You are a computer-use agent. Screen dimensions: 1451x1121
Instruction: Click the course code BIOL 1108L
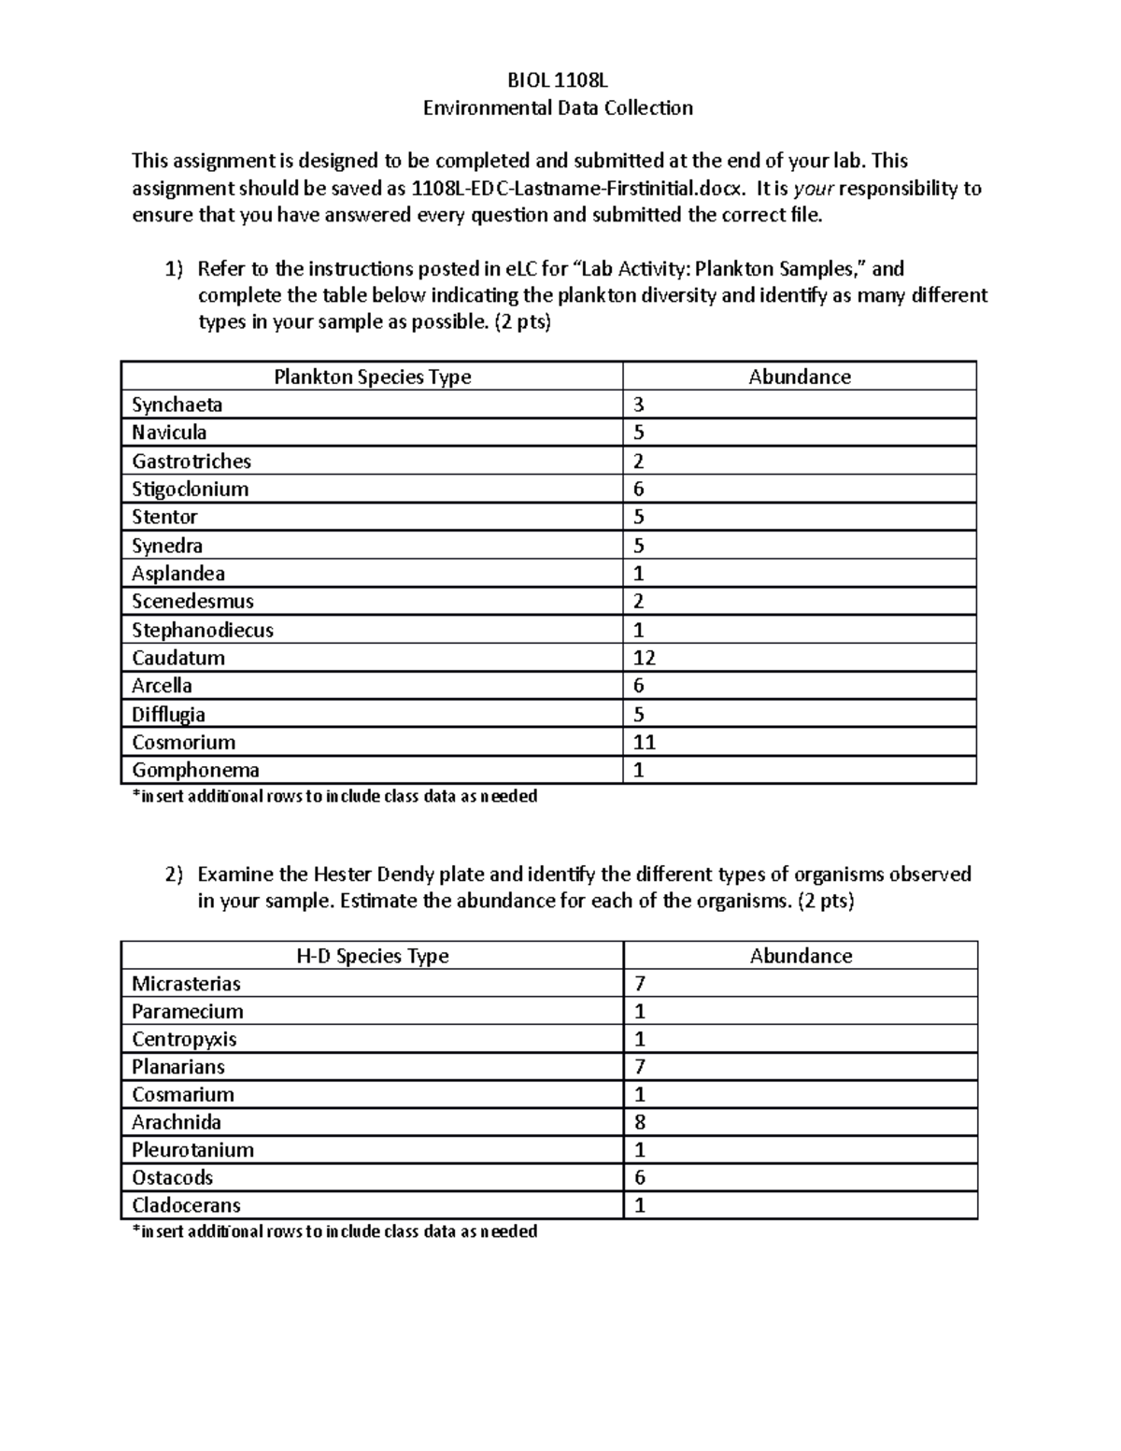click(558, 80)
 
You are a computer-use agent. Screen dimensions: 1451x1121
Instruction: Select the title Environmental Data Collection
click(558, 107)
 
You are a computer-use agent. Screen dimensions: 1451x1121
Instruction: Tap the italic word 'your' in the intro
click(813, 188)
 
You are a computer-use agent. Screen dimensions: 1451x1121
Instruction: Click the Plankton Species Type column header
click(372, 377)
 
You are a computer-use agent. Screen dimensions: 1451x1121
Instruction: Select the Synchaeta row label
click(177, 405)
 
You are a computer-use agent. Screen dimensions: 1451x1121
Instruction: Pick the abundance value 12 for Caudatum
click(644, 658)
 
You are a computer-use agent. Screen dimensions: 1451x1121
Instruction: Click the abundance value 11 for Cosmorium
click(644, 742)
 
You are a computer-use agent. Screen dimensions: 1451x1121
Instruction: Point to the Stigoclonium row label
click(190, 489)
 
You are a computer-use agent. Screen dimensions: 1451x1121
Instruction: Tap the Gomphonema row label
click(195, 770)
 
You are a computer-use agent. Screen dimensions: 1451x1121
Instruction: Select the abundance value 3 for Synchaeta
click(639, 405)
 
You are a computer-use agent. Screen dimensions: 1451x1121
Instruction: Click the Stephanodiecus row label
click(202, 630)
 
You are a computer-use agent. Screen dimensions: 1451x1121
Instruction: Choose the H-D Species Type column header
click(372, 956)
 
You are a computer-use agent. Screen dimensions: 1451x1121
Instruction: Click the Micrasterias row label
click(186, 984)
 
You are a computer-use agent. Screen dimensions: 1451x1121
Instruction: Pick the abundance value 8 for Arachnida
click(640, 1122)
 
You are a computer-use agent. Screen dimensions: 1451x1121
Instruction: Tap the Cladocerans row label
click(186, 1205)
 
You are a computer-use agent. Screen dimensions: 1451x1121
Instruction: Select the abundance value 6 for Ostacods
click(640, 1177)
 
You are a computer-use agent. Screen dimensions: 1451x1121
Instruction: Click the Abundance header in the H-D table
click(801, 956)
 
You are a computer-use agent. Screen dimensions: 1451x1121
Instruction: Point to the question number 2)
click(175, 875)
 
